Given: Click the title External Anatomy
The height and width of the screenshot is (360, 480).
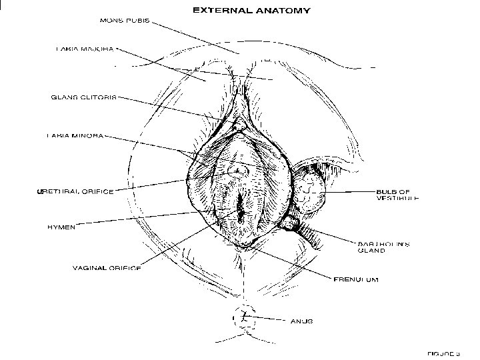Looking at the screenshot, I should click(x=250, y=11).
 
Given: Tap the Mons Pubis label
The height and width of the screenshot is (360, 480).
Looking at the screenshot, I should click(x=124, y=20).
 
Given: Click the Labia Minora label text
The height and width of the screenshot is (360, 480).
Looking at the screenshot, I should click(x=75, y=137).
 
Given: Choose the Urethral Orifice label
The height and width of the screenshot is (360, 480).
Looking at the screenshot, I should click(x=76, y=191).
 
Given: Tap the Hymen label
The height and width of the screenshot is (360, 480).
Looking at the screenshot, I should click(x=61, y=227).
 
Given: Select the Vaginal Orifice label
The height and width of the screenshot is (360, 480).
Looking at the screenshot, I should click(x=107, y=268).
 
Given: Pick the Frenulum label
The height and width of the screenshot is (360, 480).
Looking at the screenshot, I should click(x=356, y=279).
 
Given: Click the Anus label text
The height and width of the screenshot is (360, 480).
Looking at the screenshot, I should click(x=301, y=320).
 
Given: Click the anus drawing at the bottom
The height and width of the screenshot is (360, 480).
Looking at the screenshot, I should click(x=245, y=315).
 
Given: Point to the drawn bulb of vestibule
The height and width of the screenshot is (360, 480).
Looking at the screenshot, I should click(x=309, y=191).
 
